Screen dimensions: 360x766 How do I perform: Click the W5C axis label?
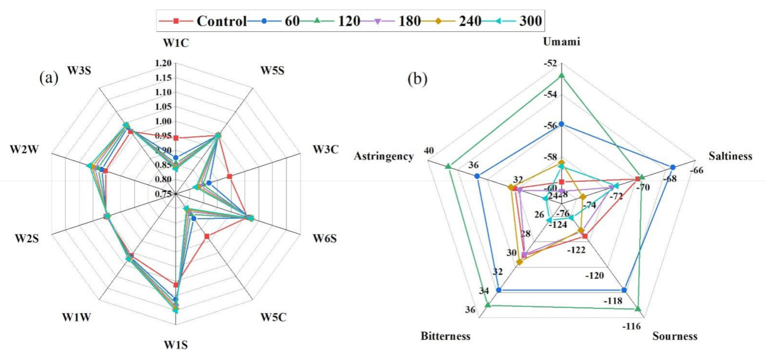pos(273,318)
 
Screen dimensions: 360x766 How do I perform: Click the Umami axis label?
pos(561,42)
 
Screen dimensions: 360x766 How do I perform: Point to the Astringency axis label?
pos(384,156)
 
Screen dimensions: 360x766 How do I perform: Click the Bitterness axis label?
pos(446,336)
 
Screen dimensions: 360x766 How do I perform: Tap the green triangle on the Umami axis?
pos(562,75)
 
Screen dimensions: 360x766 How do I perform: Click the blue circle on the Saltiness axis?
pos(672,167)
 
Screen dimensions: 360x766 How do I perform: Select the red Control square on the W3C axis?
pos(229,176)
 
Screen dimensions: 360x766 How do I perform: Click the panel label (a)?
pos(49,77)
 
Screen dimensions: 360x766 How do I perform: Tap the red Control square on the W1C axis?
pos(176,138)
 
